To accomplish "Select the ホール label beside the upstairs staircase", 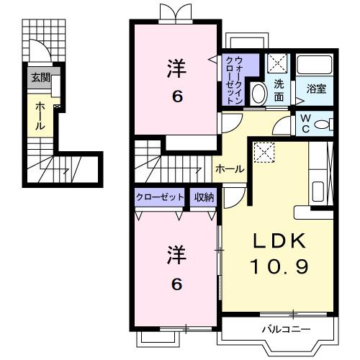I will [230, 169].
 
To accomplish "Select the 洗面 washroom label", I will [279, 89].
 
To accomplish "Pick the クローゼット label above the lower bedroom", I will [159, 197].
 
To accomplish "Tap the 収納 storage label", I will [203, 197].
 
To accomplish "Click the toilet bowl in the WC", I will [323, 125].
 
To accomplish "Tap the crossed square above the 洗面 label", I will [277, 63].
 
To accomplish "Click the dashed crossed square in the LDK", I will [264, 152].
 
